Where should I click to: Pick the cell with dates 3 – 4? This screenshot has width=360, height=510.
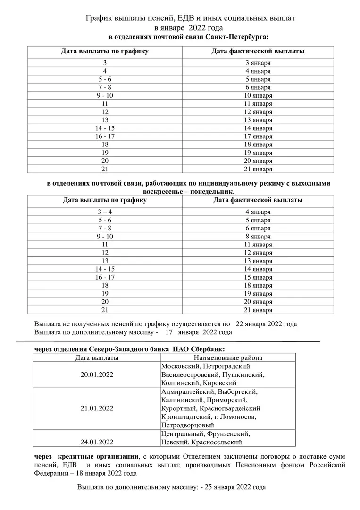coord(105,212)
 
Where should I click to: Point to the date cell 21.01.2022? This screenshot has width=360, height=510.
coord(97,408)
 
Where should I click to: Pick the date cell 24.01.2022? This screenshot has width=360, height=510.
coord(97,442)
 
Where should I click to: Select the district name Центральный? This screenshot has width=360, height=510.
coord(181,433)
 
